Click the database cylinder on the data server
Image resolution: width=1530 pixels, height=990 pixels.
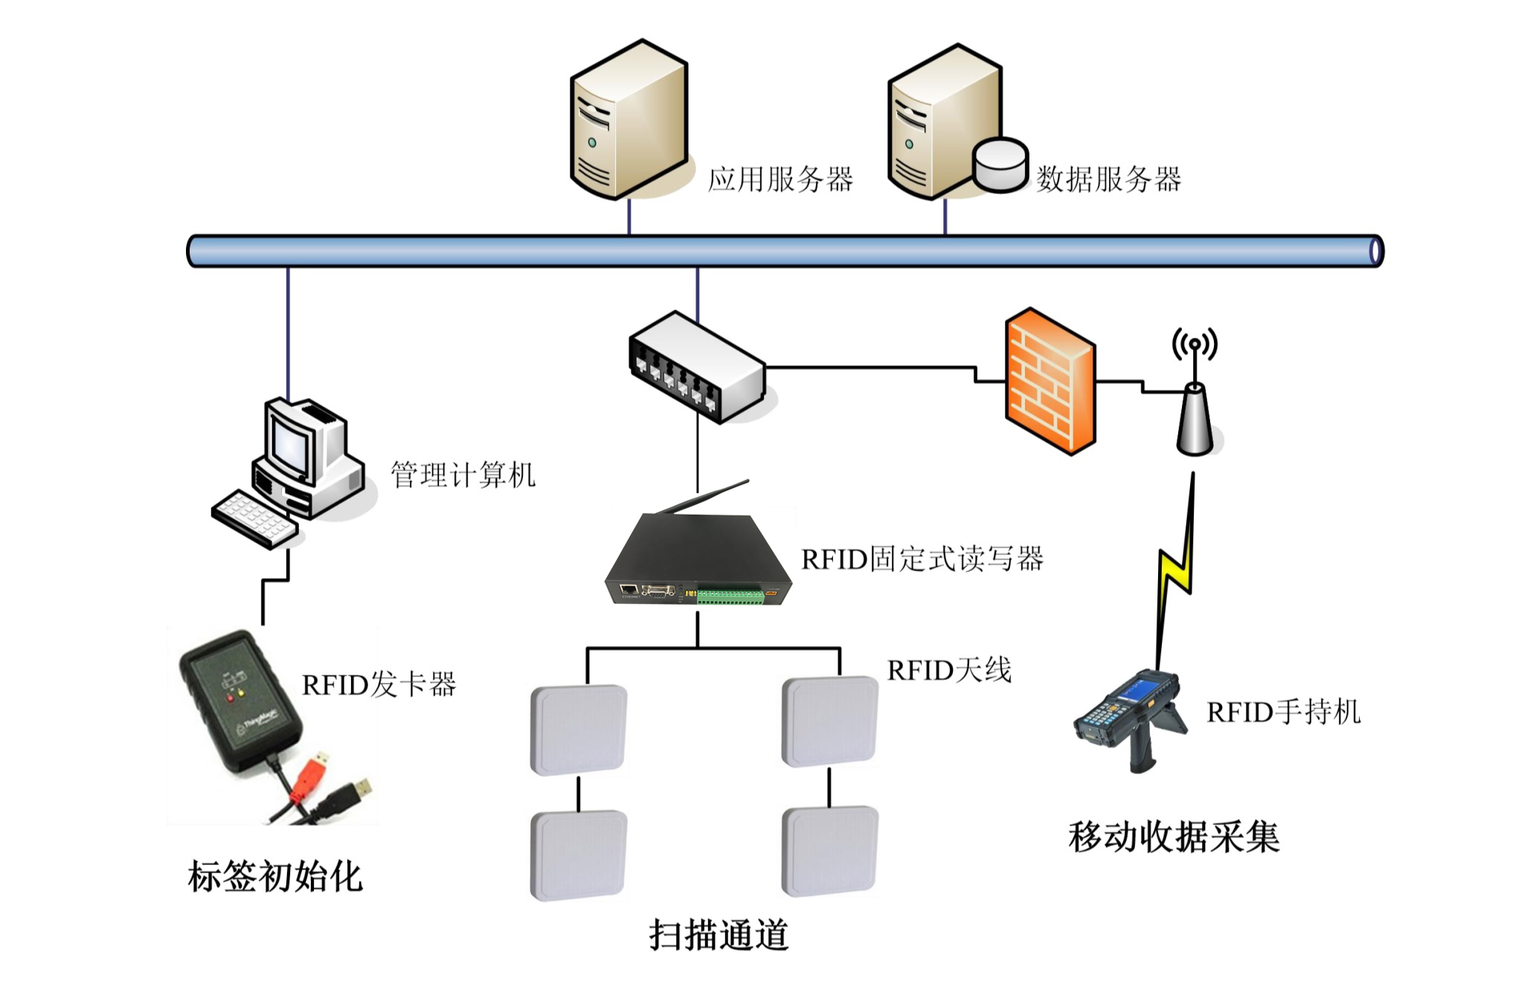click(x=1000, y=165)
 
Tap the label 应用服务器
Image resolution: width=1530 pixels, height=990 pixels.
click(x=780, y=180)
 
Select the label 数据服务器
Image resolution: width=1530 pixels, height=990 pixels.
click(x=1108, y=180)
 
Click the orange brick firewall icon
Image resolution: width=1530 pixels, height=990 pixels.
click(x=1049, y=381)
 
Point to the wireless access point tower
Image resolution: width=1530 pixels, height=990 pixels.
click(x=1195, y=417)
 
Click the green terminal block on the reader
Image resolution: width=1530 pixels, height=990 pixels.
click(x=730, y=595)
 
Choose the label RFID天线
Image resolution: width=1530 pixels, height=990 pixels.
click(x=949, y=671)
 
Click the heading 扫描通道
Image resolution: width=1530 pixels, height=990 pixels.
click(x=718, y=935)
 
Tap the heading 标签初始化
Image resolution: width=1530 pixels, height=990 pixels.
click(x=274, y=876)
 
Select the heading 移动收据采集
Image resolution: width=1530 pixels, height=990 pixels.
click(x=1173, y=837)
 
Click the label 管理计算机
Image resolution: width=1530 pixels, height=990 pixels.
click(x=463, y=475)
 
